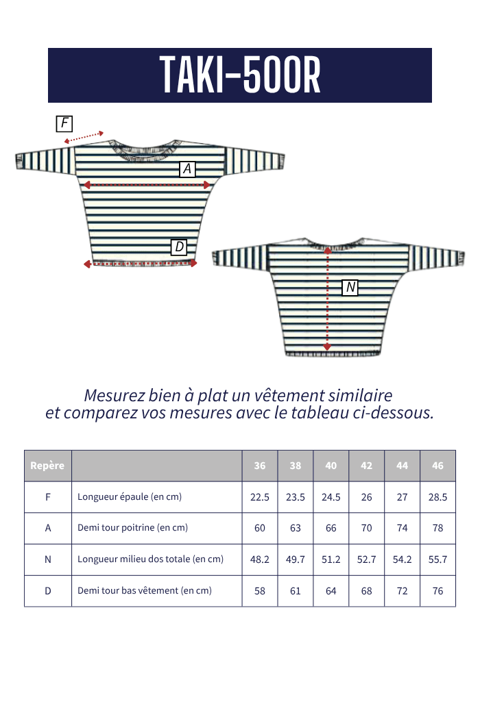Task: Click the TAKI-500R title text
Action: tap(240, 75)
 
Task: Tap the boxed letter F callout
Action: tap(64, 123)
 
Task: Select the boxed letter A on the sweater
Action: tap(187, 168)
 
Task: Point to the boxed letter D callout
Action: tap(179, 247)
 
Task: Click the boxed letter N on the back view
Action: tap(350, 287)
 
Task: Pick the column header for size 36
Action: tap(260, 466)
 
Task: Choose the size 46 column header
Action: tap(437, 466)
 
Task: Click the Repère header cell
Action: tap(47, 466)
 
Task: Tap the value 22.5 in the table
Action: tap(260, 497)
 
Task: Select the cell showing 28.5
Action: tap(437, 497)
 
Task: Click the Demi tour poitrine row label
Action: tap(132, 528)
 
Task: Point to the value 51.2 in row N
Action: tap(331, 559)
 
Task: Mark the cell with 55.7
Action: tap(437, 559)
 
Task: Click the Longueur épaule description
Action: tap(130, 497)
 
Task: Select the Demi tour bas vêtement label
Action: tap(145, 590)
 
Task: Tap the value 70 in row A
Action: tap(367, 528)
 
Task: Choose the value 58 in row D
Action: tap(260, 590)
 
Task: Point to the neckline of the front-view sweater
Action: tap(149, 151)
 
